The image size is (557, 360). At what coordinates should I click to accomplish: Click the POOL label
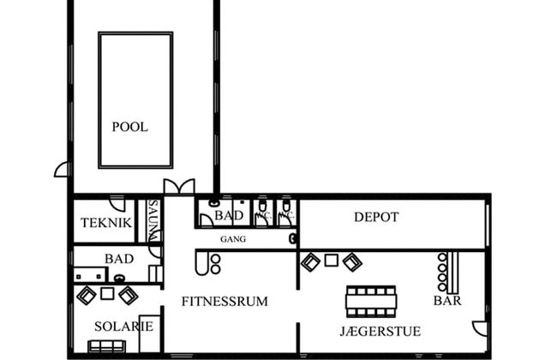(x=129, y=127)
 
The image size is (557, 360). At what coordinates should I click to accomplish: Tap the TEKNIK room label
(x=106, y=223)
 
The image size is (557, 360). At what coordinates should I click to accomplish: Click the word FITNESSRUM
(x=225, y=301)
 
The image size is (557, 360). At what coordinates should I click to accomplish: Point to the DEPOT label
(x=376, y=218)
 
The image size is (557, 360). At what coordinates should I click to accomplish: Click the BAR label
(x=447, y=301)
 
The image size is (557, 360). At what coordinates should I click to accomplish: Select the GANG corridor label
(x=233, y=239)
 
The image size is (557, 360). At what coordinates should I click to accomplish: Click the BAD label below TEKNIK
(x=118, y=258)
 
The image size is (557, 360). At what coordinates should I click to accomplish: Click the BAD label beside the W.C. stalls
(x=229, y=215)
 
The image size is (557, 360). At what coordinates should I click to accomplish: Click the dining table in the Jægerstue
(x=371, y=301)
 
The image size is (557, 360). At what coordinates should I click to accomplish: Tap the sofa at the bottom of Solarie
(x=107, y=346)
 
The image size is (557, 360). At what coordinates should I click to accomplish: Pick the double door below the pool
(x=179, y=187)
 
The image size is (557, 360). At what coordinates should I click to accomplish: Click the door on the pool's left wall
(x=62, y=170)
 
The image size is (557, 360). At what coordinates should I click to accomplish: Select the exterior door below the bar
(x=480, y=327)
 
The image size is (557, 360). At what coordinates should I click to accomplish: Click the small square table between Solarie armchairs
(x=107, y=294)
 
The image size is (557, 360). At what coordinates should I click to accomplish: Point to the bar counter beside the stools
(x=456, y=272)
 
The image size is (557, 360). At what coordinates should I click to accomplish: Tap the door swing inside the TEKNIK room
(x=118, y=205)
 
